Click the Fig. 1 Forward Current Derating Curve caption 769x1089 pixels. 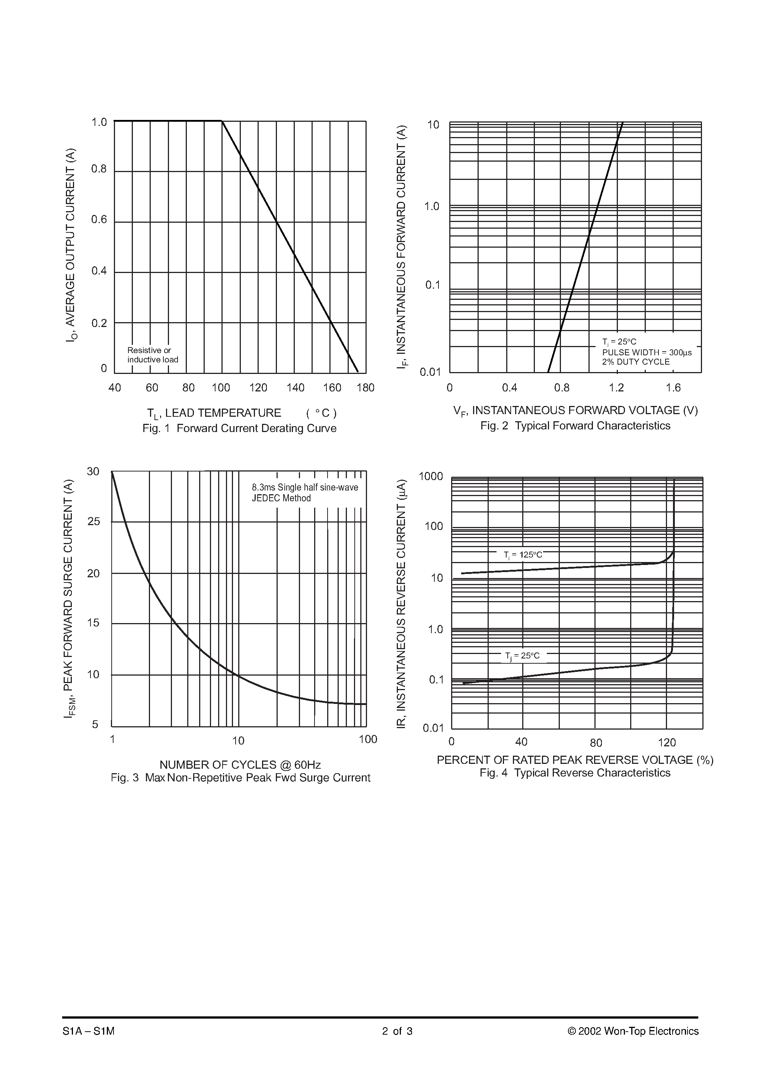click(x=239, y=428)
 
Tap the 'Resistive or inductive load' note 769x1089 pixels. click(x=153, y=355)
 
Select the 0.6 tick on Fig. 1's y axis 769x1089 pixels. click(x=99, y=220)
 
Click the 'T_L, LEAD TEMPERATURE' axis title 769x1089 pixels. click(x=214, y=414)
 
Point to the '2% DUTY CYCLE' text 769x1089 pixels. click(x=636, y=362)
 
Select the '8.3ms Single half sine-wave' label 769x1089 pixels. click(x=305, y=487)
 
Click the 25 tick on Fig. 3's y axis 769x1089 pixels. click(x=94, y=522)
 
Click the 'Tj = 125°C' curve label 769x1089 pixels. click(x=523, y=555)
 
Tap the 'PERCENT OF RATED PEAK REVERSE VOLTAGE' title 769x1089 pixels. click(x=565, y=760)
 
